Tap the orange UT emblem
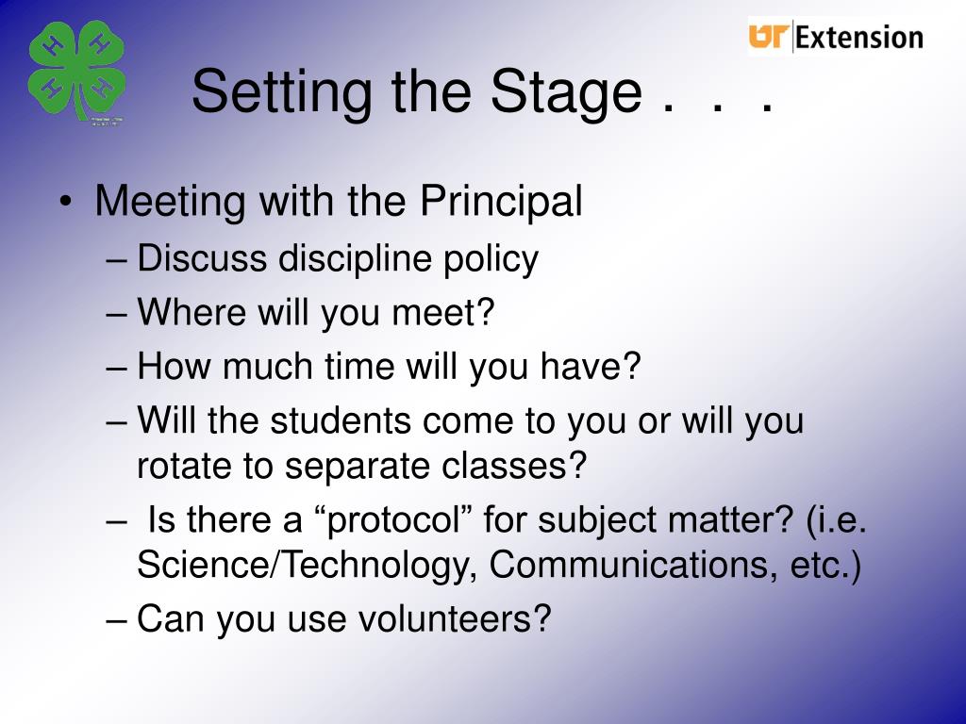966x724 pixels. point(769,37)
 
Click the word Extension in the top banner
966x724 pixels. point(858,38)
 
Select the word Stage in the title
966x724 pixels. point(567,91)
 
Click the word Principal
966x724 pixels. point(501,202)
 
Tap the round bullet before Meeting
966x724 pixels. point(66,203)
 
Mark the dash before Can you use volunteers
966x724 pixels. point(115,620)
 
